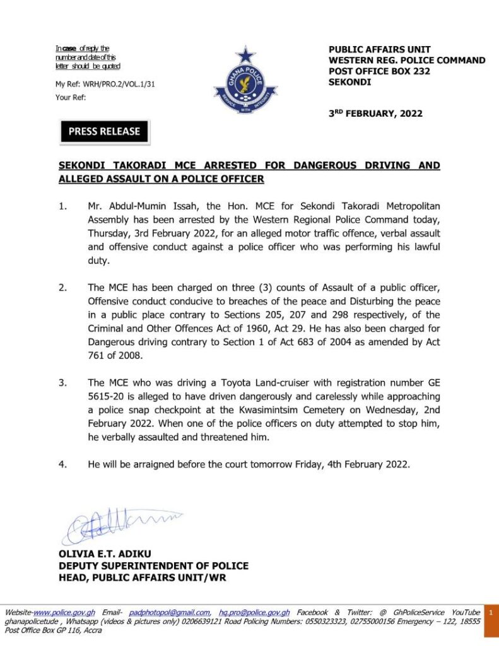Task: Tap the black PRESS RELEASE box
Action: pyautogui.click(x=104, y=131)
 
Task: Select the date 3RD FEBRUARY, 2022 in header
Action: pyautogui.click(x=375, y=114)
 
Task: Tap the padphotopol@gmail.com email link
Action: pyautogui.click(x=170, y=613)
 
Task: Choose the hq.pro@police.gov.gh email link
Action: pyautogui.click(x=254, y=613)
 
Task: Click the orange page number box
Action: pyautogui.click(x=491, y=613)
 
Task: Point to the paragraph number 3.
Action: pyautogui.click(x=62, y=382)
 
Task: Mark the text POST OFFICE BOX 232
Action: pyautogui.click(x=380, y=71)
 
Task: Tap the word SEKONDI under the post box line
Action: pyautogui.click(x=350, y=82)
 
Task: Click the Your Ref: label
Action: pyautogui.click(x=71, y=97)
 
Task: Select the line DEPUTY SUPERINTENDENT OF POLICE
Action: pyautogui.click(x=153, y=566)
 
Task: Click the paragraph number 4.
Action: pyautogui.click(x=62, y=464)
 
